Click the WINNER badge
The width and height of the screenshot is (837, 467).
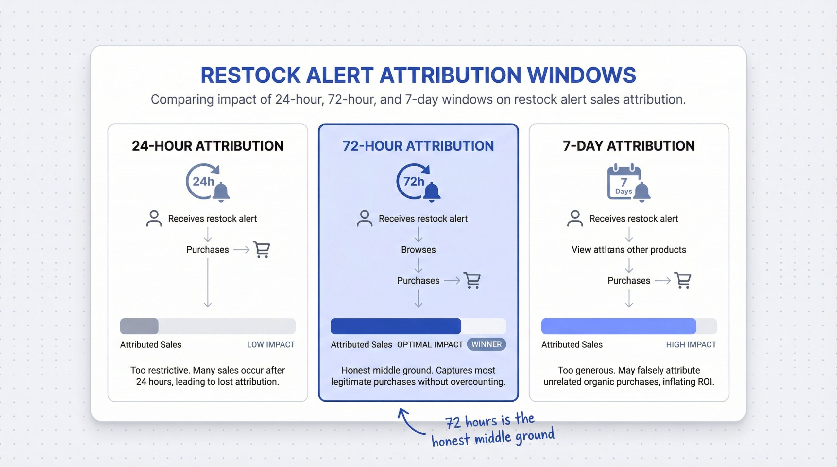pos(486,344)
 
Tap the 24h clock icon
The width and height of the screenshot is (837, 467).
pos(203,181)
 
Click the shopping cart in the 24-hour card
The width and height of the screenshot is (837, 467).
pos(262,250)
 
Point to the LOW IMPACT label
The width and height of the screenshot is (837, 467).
pos(271,344)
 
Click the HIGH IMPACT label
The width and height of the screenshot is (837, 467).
pos(691,344)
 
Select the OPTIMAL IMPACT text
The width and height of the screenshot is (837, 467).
pos(430,344)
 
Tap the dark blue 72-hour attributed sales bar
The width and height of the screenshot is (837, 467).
pos(396,326)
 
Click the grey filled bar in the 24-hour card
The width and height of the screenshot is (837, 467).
pos(139,326)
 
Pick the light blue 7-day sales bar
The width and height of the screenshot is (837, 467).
pos(618,326)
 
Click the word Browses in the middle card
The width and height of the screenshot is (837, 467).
pos(418,250)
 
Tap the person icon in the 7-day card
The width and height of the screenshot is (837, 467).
pos(575,219)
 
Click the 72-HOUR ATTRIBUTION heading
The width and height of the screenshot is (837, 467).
pos(418,146)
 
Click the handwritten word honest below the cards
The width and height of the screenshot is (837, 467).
pos(451,440)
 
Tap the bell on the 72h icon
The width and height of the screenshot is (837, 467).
pos(432,192)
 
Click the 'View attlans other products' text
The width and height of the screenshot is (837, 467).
pos(628,250)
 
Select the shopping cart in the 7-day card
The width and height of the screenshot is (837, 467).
pos(683,280)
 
